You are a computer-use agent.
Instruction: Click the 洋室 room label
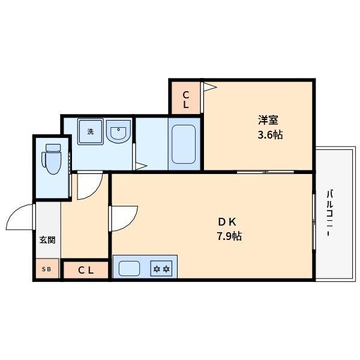tap(268, 120)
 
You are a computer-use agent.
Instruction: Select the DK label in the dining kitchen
tap(229, 220)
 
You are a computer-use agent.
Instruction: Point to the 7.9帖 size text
tap(229, 236)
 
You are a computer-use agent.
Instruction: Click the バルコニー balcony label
tap(330, 213)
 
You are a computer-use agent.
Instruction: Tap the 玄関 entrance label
tap(47, 239)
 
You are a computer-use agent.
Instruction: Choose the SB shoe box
tap(47, 269)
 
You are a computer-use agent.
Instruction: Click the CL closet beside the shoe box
tap(86, 270)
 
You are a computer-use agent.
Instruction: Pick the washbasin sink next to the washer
tap(119, 133)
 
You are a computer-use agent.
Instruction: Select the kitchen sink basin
tap(129, 268)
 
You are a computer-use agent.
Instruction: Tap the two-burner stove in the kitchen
tap(161, 268)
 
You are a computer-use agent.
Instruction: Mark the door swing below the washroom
tap(88, 185)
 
